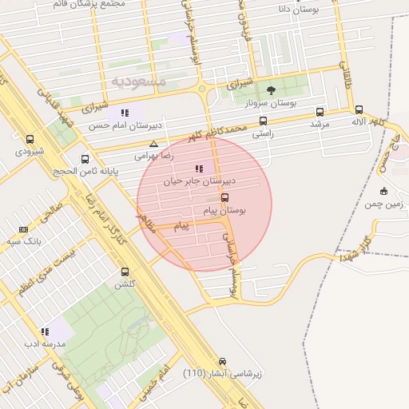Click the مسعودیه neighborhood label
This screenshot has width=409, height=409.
point(138,81)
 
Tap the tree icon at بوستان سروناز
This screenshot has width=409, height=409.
point(272,90)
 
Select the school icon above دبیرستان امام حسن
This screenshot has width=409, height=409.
point(125,113)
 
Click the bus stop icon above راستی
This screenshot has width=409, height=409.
point(263,121)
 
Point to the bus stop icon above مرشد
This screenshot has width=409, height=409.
point(320,113)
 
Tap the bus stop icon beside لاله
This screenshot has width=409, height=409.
point(359,110)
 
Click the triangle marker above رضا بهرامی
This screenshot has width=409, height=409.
point(153,145)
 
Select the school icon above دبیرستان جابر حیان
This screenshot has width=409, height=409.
point(199,169)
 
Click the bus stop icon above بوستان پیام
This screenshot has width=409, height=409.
point(224,197)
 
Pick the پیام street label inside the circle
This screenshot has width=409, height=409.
point(182,227)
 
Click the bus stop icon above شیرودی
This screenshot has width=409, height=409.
point(30,139)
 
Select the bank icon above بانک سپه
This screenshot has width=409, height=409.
point(22,229)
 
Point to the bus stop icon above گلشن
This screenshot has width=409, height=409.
point(125,272)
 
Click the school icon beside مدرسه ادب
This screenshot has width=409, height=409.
point(45,331)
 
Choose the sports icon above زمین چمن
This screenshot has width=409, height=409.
point(384,191)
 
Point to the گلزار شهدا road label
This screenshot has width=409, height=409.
point(355,248)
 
